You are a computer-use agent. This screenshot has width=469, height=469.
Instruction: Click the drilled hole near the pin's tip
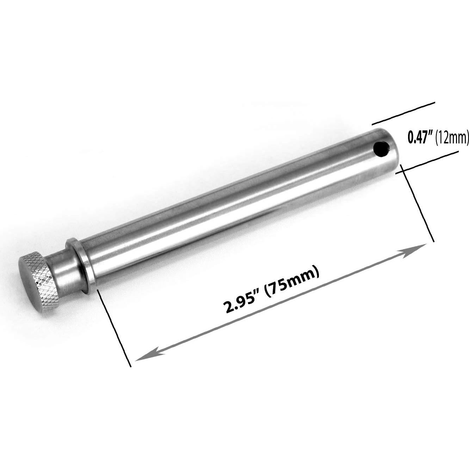(382, 149)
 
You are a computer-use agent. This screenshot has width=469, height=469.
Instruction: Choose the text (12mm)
(452, 137)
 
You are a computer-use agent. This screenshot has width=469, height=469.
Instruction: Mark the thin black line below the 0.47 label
(426, 162)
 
